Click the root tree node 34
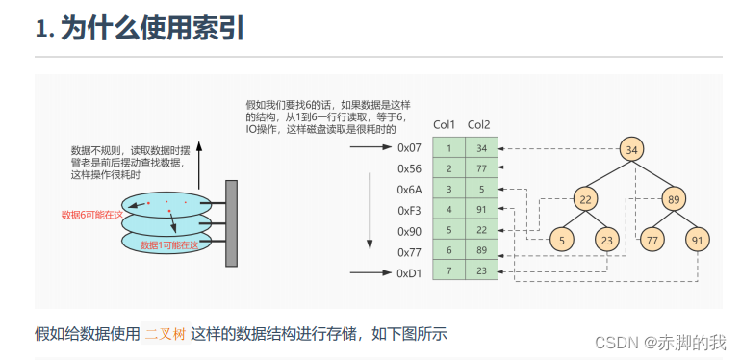632,149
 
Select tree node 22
585,199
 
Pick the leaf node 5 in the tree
563,240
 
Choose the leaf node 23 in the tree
605,240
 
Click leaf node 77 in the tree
652,240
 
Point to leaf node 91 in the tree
698,240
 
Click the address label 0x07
410,147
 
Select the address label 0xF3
410,210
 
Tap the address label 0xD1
410,273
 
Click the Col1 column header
445,124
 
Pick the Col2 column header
478,124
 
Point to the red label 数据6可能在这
92,215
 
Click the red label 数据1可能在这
169,246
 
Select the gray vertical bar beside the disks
231,223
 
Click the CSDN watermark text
659,343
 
